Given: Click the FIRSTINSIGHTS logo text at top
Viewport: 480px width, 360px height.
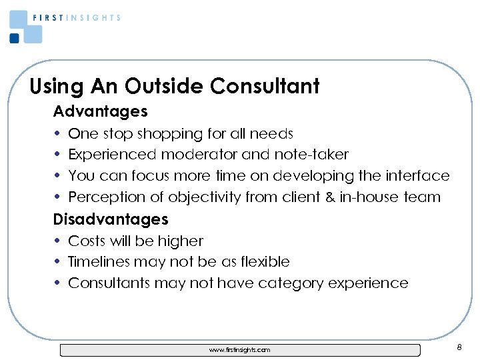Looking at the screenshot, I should pos(77,18).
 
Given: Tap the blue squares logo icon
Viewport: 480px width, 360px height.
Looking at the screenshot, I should pos(25,27).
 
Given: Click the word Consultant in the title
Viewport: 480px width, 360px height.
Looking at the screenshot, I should pos(265,86).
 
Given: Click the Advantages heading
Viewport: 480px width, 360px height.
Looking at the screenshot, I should pos(100,110).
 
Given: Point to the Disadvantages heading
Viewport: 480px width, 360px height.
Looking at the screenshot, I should pos(111,219).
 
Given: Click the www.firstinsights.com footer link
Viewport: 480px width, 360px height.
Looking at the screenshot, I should pos(240,349).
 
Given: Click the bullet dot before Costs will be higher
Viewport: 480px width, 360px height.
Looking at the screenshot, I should pos(59,241).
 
